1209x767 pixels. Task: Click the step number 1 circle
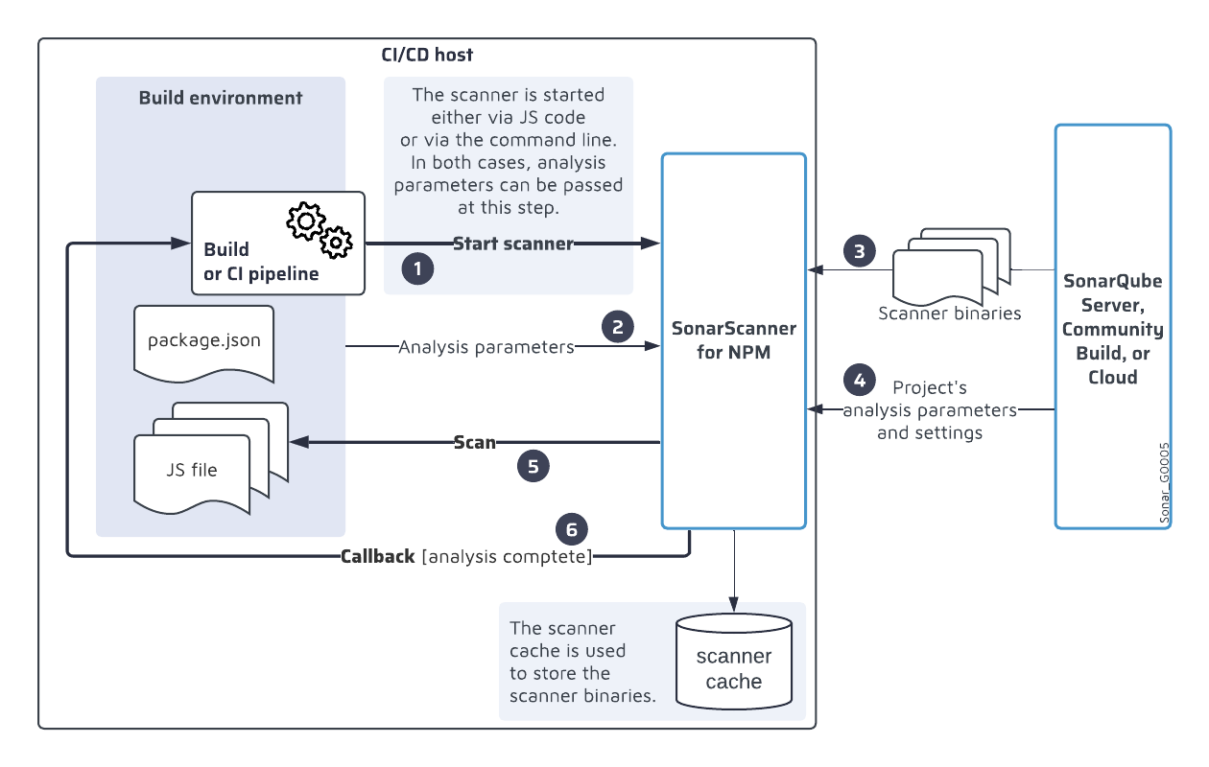[417, 268]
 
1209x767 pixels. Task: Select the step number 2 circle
[618, 326]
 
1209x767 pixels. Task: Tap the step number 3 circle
[860, 251]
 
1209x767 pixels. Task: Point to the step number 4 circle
[860, 380]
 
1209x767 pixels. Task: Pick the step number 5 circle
[533, 466]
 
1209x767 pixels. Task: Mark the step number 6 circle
[572, 529]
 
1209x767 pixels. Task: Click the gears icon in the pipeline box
[320, 230]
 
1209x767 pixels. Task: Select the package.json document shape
[204, 344]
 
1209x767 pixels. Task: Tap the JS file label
[192, 470]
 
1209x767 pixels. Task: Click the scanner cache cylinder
[734, 662]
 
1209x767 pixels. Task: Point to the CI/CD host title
[427, 55]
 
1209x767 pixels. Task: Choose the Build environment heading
[221, 98]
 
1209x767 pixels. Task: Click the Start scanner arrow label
[512, 244]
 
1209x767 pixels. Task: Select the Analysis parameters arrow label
[486, 347]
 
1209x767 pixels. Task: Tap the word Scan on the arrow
[474, 442]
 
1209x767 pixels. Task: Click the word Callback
[378, 556]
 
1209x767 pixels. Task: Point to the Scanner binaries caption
[949, 313]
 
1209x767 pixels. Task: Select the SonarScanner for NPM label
[733, 339]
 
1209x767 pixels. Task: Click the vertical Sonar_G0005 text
[1164, 483]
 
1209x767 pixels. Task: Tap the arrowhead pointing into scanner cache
[733, 604]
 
